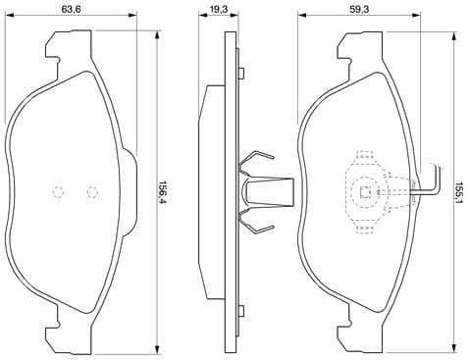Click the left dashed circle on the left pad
[57, 192]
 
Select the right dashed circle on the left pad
[92, 192]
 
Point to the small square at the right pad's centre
[365, 192]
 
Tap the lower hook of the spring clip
[257, 228]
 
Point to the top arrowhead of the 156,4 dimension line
[156, 28]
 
